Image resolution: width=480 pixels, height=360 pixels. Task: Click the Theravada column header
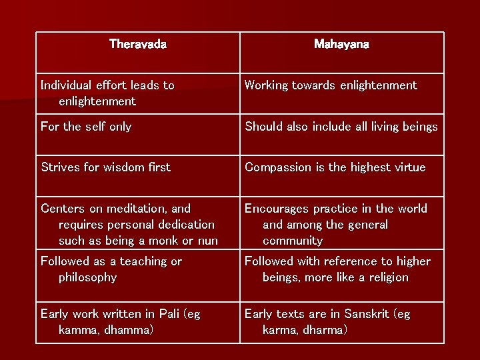point(137,45)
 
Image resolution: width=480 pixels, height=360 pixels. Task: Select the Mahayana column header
point(341,45)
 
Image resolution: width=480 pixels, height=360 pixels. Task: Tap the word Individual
point(66,85)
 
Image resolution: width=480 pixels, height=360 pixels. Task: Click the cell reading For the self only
point(86,127)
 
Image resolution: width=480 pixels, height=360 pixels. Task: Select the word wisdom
point(117,167)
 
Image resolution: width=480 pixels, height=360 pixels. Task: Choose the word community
point(293,241)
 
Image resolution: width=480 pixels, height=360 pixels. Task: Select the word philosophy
point(87,277)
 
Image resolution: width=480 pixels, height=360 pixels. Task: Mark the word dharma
point(322,330)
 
